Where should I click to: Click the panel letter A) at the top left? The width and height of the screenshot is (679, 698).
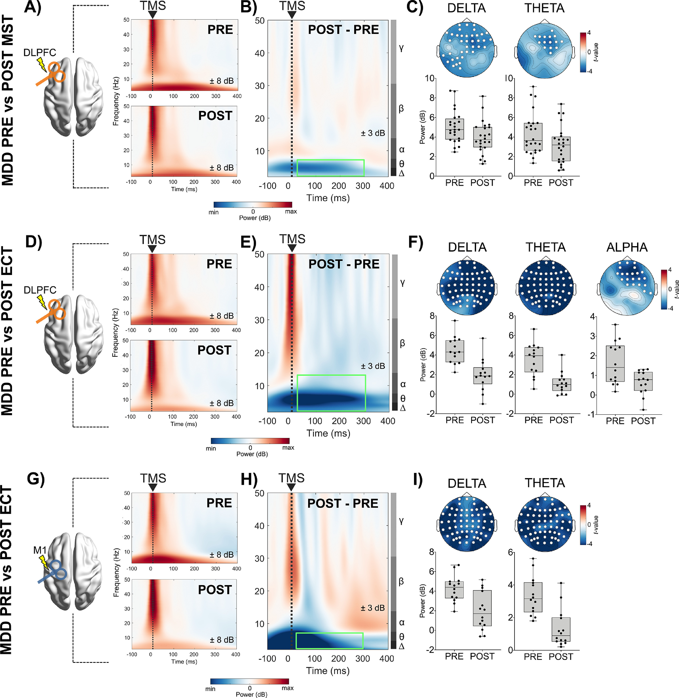coord(32,7)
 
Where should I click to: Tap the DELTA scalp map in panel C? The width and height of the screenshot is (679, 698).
coord(467,50)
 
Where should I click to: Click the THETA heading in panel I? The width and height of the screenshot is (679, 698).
coord(545,483)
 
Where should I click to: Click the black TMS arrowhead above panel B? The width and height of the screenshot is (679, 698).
coord(292,15)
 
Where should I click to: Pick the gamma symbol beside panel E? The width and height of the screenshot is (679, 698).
coord(402,283)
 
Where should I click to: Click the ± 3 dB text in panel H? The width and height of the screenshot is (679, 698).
coord(373,608)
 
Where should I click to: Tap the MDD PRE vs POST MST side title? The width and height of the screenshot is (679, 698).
coord(8,100)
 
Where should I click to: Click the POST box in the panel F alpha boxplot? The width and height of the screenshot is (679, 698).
coord(643,381)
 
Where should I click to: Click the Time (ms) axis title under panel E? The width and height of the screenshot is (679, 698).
coord(328,433)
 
